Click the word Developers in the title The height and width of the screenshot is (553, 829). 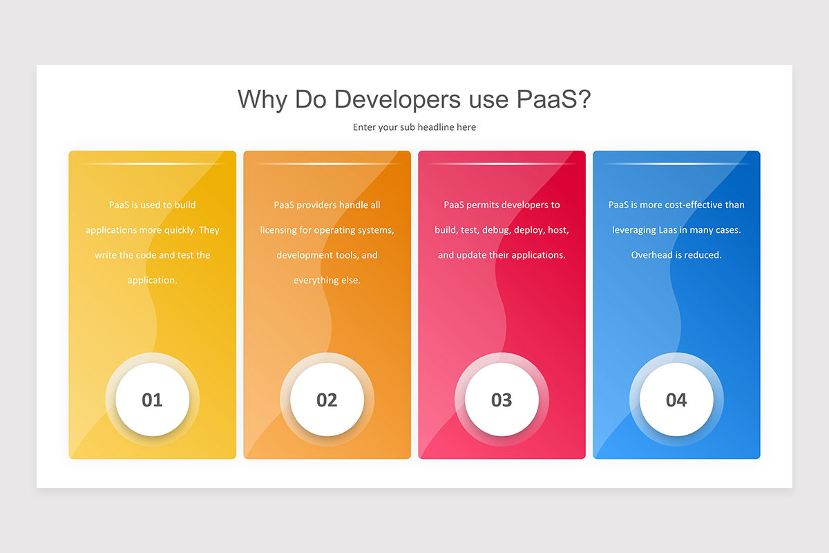[x=397, y=100]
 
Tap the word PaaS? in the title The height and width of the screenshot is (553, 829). [x=553, y=99]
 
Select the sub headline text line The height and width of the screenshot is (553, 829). [x=414, y=127]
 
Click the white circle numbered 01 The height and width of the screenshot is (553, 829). [x=152, y=400]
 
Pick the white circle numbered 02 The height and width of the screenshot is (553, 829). [x=327, y=400]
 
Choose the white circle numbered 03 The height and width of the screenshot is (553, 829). [x=502, y=400]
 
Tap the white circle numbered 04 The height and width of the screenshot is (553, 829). [x=676, y=400]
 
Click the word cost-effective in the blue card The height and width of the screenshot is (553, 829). [x=689, y=205]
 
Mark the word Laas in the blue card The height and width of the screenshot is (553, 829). [x=667, y=230]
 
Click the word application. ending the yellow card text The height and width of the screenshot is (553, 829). [x=152, y=281]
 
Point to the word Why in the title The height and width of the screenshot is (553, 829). [x=263, y=100]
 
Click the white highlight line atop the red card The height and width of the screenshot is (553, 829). [x=502, y=163]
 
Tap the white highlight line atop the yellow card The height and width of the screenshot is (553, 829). [x=152, y=163]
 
